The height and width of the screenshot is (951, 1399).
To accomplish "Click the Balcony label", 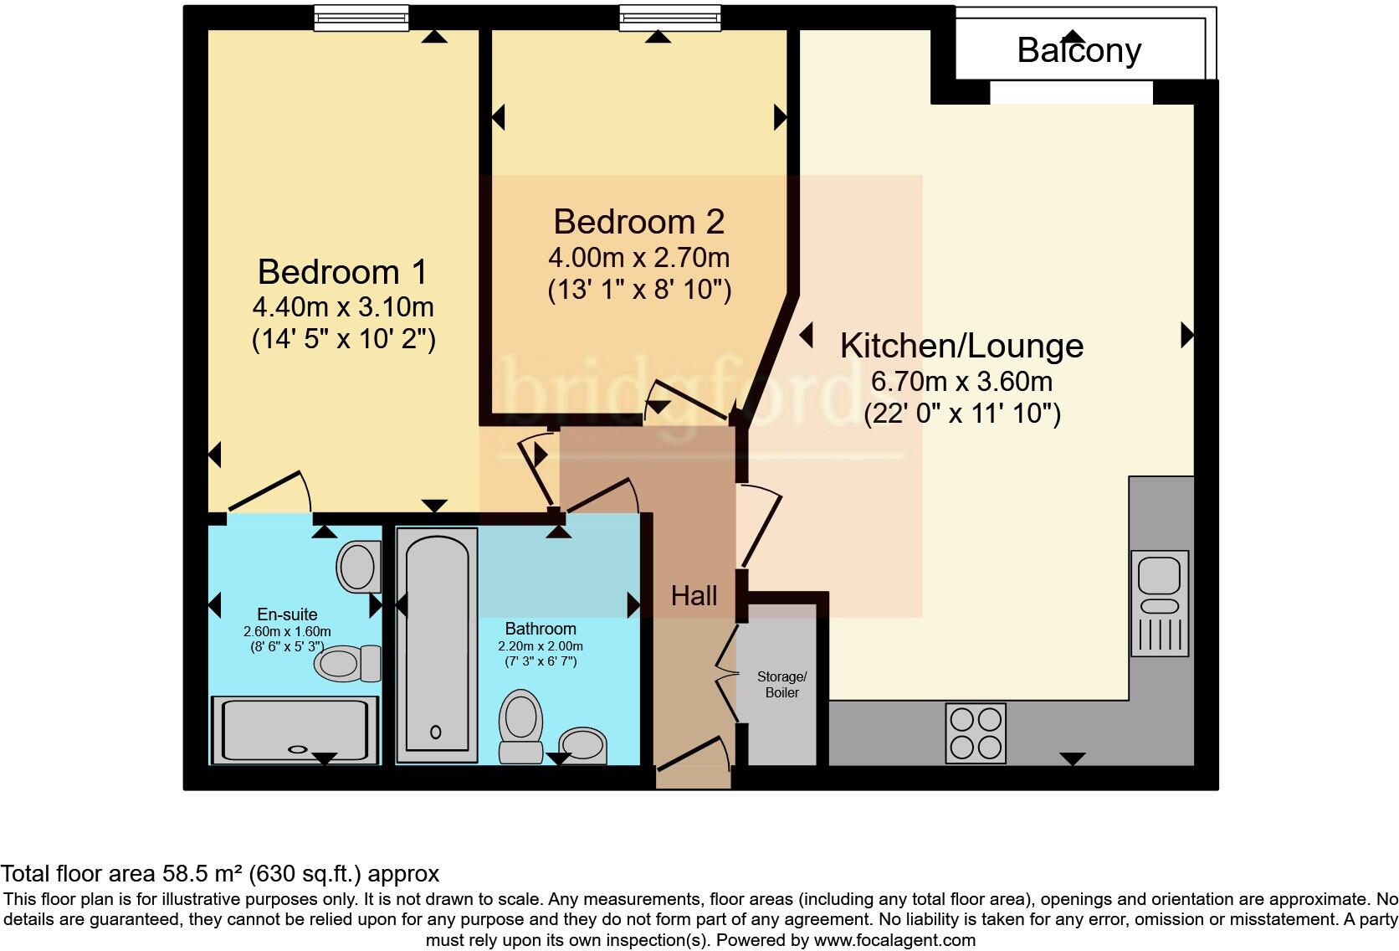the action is (1079, 51).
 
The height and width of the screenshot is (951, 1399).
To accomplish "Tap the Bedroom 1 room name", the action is (342, 272).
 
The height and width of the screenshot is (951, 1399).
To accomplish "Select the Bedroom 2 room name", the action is (639, 222).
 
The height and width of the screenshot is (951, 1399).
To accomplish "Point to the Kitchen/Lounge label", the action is (961, 346).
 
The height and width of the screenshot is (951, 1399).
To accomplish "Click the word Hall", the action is (694, 596).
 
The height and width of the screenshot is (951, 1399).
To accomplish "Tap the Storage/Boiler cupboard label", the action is (782, 684).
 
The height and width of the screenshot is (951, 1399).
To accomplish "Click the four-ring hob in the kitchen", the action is (976, 733).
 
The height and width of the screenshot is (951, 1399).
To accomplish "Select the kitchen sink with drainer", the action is (1159, 603).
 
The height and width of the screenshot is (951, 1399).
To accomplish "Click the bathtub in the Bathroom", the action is (437, 645).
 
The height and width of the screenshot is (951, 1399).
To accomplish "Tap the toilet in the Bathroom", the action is (521, 726).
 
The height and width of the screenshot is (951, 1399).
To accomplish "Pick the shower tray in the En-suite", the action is (295, 730).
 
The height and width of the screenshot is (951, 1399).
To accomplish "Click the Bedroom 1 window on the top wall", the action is (361, 18).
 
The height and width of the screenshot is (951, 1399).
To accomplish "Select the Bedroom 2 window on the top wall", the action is (669, 18).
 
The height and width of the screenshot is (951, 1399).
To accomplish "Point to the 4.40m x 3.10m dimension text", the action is (343, 306).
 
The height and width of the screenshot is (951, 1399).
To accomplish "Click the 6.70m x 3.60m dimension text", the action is (962, 381).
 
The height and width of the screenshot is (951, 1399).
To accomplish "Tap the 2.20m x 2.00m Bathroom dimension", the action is (541, 646).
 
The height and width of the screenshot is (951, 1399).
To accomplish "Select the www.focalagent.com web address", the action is (894, 940).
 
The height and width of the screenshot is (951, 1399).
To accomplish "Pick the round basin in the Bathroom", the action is (582, 745).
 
